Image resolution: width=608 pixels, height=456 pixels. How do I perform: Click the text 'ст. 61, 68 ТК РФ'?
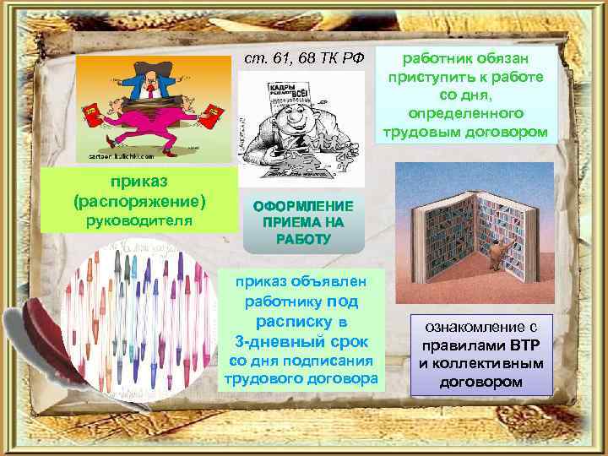(x=303, y=57)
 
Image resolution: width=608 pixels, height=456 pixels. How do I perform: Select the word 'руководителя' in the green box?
(x=140, y=221)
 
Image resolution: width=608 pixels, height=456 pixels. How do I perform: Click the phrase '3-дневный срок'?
(x=301, y=341)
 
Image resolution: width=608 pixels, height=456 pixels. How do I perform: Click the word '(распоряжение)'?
(x=140, y=202)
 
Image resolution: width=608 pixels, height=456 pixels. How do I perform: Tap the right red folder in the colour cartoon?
(x=213, y=110)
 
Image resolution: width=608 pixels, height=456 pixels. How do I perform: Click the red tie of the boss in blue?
(x=149, y=80)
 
